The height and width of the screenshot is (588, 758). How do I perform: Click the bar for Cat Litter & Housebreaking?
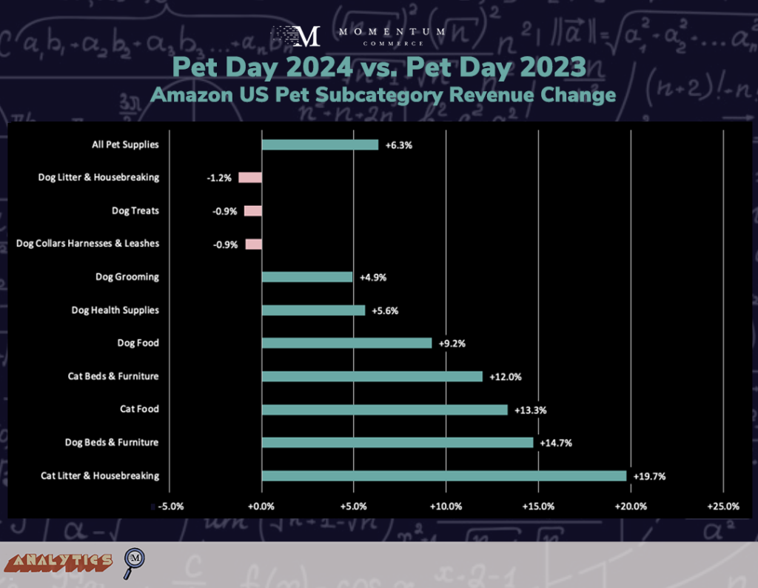click(444, 475)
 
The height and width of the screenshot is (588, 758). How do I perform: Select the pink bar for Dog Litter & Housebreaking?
click(250, 178)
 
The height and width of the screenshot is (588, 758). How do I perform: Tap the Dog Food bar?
click(346, 343)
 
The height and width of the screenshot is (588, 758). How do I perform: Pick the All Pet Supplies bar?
click(320, 144)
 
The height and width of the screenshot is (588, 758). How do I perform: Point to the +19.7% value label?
click(649, 476)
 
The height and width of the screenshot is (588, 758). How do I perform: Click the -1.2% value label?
click(220, 178)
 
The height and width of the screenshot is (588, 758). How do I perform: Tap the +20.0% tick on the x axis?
click(630, 507)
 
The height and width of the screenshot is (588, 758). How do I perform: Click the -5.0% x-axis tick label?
click(170, 507)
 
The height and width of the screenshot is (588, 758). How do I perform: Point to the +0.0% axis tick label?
click(261, 507)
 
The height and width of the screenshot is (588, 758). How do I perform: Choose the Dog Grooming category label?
click(127, 277)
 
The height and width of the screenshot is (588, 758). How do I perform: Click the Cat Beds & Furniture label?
click(113, 376)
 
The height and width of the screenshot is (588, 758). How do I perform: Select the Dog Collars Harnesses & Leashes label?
click(87, 244)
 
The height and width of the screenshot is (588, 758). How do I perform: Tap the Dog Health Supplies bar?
click(313, 310)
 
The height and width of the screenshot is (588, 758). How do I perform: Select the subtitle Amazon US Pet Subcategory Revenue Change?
click(383, 96)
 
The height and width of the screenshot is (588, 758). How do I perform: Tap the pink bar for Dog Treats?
click(253, 211)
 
